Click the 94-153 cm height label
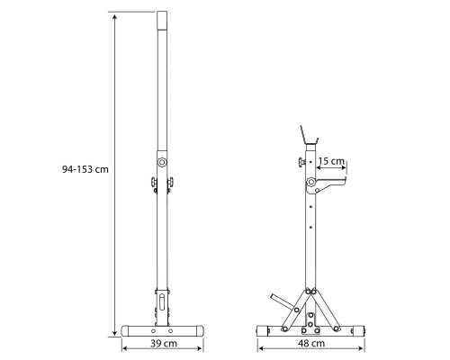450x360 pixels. [x=85, y=169]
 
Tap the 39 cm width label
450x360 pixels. [x=164, y=343]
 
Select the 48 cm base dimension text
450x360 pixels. [x=311, y=343]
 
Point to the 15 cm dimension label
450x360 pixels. [x=331, y=161]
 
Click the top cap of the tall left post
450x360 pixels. [x=162, y=20]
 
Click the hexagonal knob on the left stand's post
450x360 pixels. [x=162, y=162]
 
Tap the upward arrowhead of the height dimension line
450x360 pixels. [x=114, y=17]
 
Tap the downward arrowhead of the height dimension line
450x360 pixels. [x=114, y=333]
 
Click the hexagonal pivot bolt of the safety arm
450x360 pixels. [x=311, y=182]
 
